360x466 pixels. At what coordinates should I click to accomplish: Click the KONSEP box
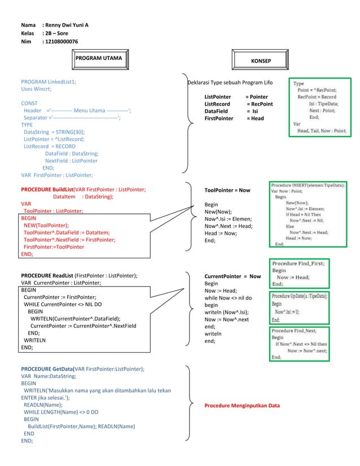(260, 60)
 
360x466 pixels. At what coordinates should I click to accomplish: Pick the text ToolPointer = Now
(227, 191)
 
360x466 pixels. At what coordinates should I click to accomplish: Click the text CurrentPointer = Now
(232, 276)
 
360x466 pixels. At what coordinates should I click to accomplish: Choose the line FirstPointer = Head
(234, 118)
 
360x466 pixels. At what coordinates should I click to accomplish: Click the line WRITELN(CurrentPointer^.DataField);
(76, 318)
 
